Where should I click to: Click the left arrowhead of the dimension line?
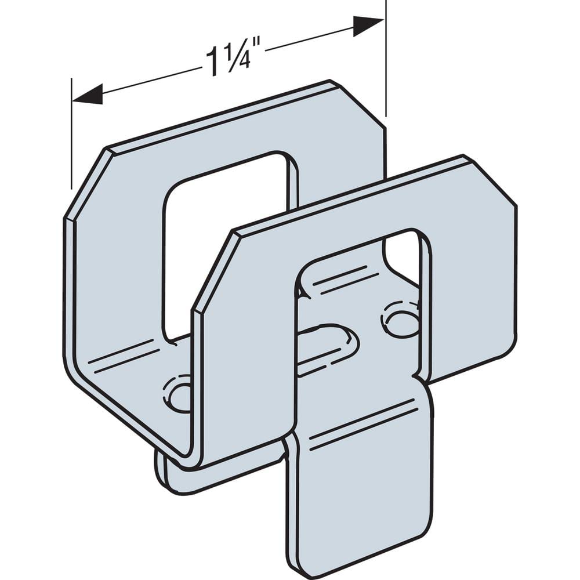coord(87,94)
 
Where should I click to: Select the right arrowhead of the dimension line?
coord(368,26)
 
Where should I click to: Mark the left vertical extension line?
coord(71,133)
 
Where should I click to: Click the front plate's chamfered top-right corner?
coord(490,180)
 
